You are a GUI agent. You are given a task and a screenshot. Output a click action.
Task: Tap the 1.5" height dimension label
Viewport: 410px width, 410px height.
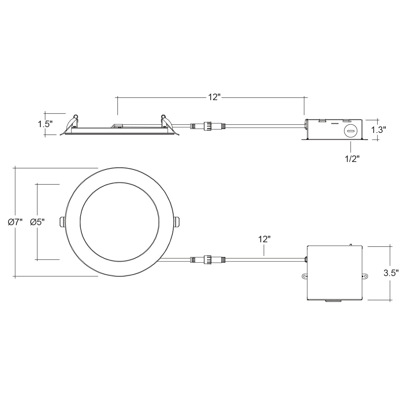coord(45,124)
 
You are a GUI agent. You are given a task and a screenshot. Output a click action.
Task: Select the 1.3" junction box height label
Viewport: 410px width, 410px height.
coord(379,129)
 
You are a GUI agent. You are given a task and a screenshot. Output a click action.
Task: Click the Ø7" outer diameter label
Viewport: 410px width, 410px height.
coord(15,222)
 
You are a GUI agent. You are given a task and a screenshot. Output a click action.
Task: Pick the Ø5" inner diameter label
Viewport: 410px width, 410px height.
coord(37,222)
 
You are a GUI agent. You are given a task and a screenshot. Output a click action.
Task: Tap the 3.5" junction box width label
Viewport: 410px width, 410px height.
coord(391,273)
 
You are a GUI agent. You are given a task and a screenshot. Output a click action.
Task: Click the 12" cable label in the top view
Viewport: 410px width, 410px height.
coord(264,240)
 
